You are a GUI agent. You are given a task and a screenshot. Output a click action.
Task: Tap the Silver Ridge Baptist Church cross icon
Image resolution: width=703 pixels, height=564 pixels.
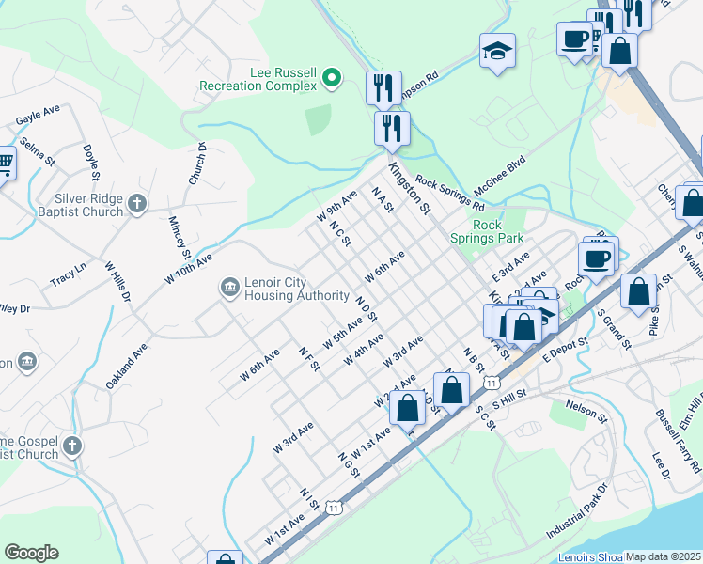136,204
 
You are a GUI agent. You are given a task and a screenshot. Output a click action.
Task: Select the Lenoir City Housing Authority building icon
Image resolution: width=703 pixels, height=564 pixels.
229,288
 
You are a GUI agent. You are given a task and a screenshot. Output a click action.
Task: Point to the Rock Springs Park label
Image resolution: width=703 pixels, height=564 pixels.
487,231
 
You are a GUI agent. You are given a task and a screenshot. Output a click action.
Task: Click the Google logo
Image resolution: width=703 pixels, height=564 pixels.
31,552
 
